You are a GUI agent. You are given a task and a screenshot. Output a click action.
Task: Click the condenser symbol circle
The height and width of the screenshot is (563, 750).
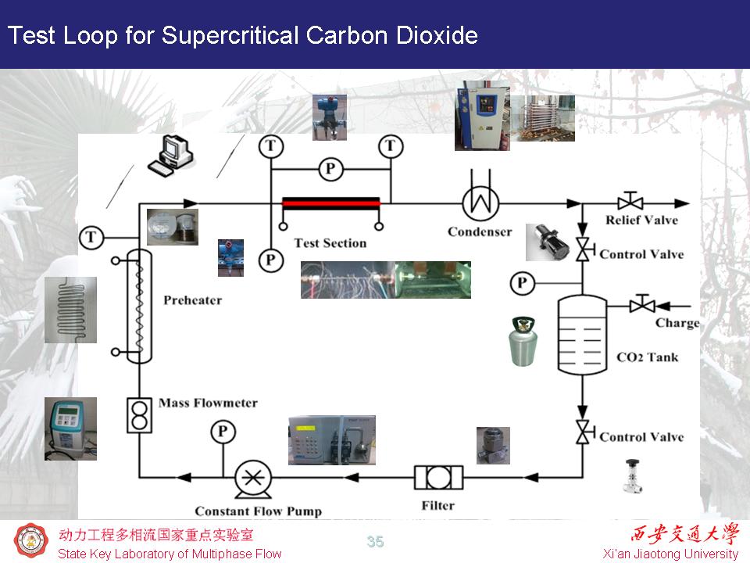(480, 203)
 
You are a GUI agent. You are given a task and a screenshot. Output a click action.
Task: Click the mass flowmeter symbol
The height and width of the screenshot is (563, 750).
(140, 415)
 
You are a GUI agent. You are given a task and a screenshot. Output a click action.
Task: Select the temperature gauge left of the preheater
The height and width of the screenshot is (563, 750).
(92, 236)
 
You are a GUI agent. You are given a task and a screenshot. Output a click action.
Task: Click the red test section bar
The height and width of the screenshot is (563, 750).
(331, 203)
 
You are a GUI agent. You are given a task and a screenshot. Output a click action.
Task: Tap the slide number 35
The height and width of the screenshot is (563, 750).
(375, 542)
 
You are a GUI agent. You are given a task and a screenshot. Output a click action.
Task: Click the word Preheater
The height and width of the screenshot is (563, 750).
(193, 300)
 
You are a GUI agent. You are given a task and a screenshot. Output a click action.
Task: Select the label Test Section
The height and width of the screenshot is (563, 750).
(330, 243)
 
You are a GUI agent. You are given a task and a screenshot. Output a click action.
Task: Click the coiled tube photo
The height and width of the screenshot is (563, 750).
(70, 310)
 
